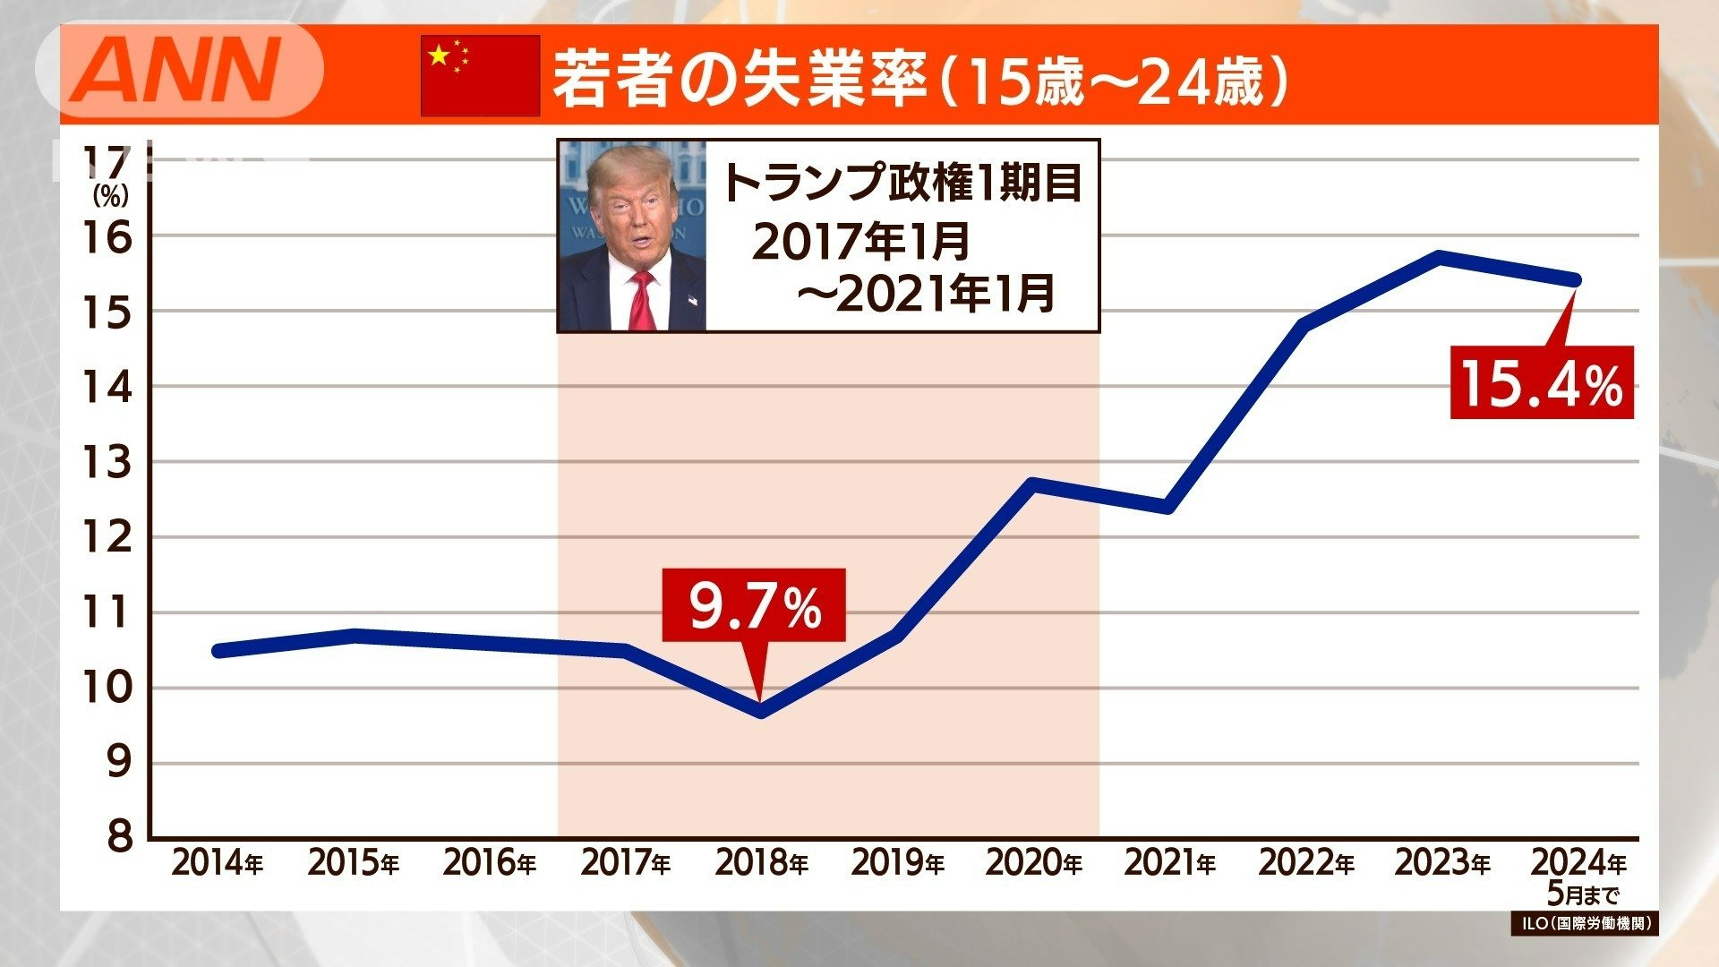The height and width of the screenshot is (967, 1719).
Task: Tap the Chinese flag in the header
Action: coord(480,75)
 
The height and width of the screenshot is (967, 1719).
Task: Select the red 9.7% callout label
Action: coord(753,606)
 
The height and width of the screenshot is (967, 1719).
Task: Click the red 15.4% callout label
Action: coord(1541,383)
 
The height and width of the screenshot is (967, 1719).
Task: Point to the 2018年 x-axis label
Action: coord(761,864)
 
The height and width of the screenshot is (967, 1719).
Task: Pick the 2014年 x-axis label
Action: coord(217,864)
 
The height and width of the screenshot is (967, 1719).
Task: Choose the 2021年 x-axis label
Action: coord(1169,864)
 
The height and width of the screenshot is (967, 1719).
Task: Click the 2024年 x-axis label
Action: coord(1578,863)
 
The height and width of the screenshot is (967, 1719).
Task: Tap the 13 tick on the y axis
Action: coord(107,463)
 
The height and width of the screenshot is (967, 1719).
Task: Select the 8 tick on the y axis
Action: coord(119,837)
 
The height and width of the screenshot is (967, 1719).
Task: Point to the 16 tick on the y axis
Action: coord(107,237)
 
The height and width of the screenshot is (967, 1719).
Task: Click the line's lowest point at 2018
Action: coord(761,712)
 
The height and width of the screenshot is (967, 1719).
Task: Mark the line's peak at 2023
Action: coord(1440,257)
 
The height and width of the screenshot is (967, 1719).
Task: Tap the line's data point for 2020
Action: coord(1033,484)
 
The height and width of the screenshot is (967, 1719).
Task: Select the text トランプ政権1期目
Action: coord(902,182)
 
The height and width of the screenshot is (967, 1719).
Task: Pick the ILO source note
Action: coord(1584,923)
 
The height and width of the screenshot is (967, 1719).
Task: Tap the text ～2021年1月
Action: coord(926,294)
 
